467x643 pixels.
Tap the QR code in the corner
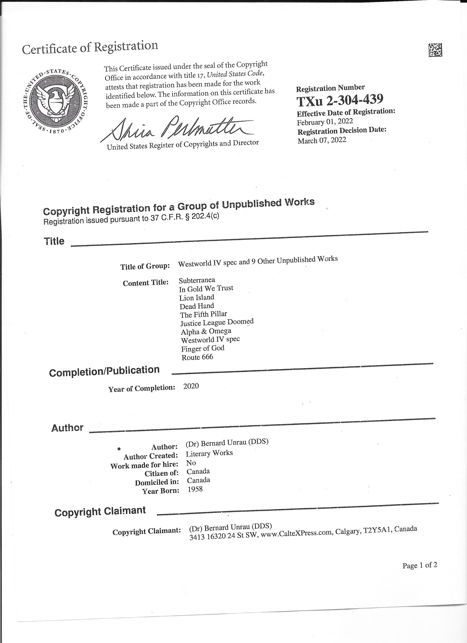[x=435, y=50]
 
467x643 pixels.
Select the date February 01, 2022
[x=325, y=122]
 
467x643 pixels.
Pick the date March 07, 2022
[x=322, y=140]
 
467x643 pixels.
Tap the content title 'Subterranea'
[x=197, y=280]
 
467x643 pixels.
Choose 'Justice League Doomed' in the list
[x=217, y=322]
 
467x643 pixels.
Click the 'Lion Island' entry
[x=196, y=297]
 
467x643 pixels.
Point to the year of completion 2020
[x=191, y=386]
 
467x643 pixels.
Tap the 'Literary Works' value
[x=209, y=453]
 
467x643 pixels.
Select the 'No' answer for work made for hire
[x=191, y=463]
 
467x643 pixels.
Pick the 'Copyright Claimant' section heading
[x=100, y=511]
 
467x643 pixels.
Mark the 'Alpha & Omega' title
[x=206, y=331]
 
